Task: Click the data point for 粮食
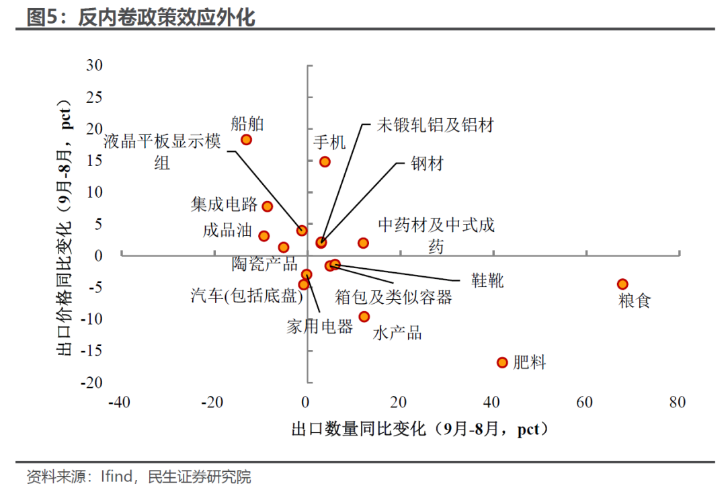click(622, 284)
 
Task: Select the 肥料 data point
click(501, 362)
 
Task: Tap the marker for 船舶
click(246, 140)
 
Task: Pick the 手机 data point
click(325, 161)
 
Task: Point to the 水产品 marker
click(364, 317)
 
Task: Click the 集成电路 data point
click(267, 206)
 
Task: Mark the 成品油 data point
click(264, 236)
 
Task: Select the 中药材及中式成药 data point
click(363, 243)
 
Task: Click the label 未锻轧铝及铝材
click(435, 124)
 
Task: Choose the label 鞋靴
click(487, 280)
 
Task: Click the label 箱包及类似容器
click(393, 296)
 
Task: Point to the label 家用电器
click(319, 327)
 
